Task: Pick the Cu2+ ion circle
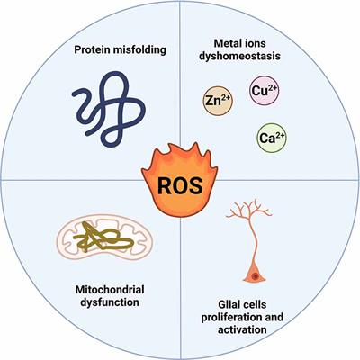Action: [264, 92]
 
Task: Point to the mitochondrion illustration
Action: [96, 238]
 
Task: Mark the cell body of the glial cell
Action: [256, 269]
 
